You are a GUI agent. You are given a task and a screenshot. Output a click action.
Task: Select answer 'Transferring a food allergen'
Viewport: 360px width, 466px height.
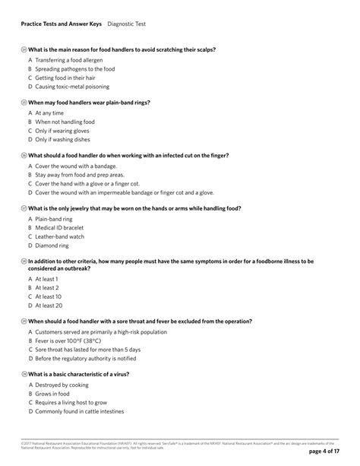click(x=71, y=59)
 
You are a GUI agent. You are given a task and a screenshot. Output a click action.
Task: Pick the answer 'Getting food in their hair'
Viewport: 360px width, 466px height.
click(x=69, y=77)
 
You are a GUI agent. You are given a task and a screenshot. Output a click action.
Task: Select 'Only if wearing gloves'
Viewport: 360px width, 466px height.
click(x=67, y=130)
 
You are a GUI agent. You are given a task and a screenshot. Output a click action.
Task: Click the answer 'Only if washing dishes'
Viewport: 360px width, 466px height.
click(x=67, y=139)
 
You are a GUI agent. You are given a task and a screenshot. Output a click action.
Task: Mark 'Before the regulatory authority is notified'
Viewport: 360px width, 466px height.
click(x=85, y=358)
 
